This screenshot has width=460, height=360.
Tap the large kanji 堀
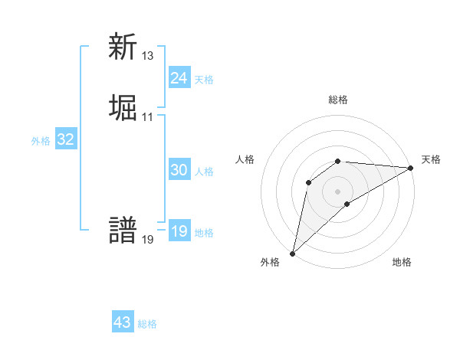[x=123, y=108]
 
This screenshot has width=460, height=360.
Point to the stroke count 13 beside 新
[x=148, y=56]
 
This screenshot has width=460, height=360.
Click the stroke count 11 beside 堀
[x=148, y=117]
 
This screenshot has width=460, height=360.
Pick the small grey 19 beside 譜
[x=148, y=240]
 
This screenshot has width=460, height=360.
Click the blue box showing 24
[x=179, y=78]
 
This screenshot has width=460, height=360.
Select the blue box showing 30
[x=179, y=170]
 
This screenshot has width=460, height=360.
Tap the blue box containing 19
[x=179, y=231]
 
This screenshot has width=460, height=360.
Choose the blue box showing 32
[x=65, y=139]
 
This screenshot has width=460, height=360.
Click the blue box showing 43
[x=122, y=322]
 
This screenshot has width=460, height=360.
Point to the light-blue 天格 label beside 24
[x=204, y=80]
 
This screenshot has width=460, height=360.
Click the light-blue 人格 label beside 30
[x=204, y=172]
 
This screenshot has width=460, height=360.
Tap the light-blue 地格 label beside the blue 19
[x=204, y=233]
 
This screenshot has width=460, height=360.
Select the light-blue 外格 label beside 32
[x=41, y=141]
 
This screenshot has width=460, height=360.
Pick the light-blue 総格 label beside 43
[x=147, y=324]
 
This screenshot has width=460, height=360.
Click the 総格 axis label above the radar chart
[x=338, y=100]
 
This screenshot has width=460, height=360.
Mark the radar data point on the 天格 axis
[x=412, y=168]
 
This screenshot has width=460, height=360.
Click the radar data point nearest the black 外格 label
[x=292, y=253]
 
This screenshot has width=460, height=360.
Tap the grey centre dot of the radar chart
[x=338, y=191]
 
